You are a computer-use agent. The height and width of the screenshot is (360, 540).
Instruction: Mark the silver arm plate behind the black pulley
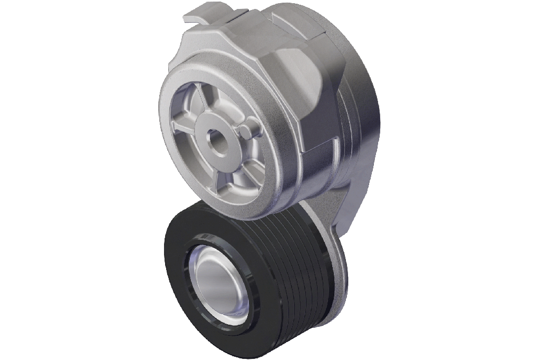337,221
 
